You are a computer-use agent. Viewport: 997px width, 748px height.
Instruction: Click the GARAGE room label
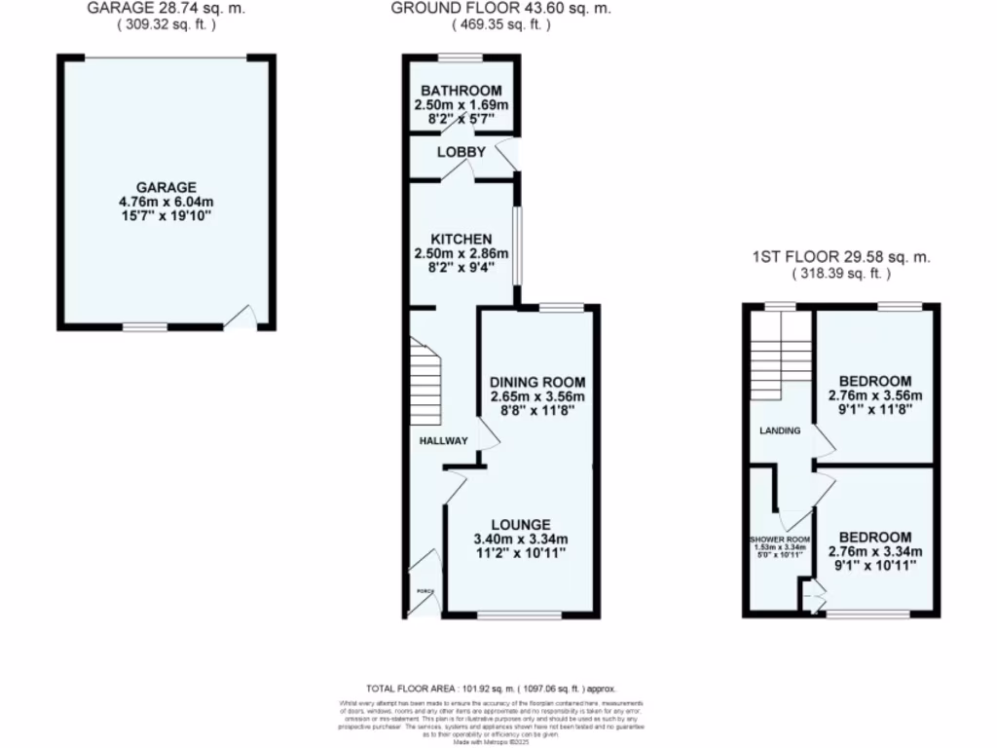tap(166, 188)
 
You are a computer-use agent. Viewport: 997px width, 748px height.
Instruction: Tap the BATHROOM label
tap(462, 92)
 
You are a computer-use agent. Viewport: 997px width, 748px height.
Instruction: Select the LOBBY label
tap(461, 152)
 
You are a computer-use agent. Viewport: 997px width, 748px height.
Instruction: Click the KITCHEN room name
tap(462, 240)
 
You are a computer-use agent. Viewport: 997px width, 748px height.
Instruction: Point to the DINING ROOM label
tap(537, 382)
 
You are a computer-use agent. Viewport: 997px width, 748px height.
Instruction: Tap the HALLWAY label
tap(443, 441)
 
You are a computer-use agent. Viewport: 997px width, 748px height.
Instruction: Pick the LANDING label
tap(780, 430)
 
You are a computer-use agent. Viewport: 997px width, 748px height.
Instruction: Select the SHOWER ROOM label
tap(779, 540)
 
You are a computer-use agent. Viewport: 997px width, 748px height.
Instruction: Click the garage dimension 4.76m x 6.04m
tap(166, 203)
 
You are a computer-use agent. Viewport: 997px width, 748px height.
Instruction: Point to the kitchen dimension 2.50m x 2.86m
tap(462, 254)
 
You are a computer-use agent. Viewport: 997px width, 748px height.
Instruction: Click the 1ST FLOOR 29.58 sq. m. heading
tap(841, 258)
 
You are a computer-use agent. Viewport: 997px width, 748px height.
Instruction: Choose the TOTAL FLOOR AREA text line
tap(491, 688)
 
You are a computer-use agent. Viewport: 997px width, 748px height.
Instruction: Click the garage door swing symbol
tap(241, 318)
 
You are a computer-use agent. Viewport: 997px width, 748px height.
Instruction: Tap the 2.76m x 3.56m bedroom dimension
tap(874, 395)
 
